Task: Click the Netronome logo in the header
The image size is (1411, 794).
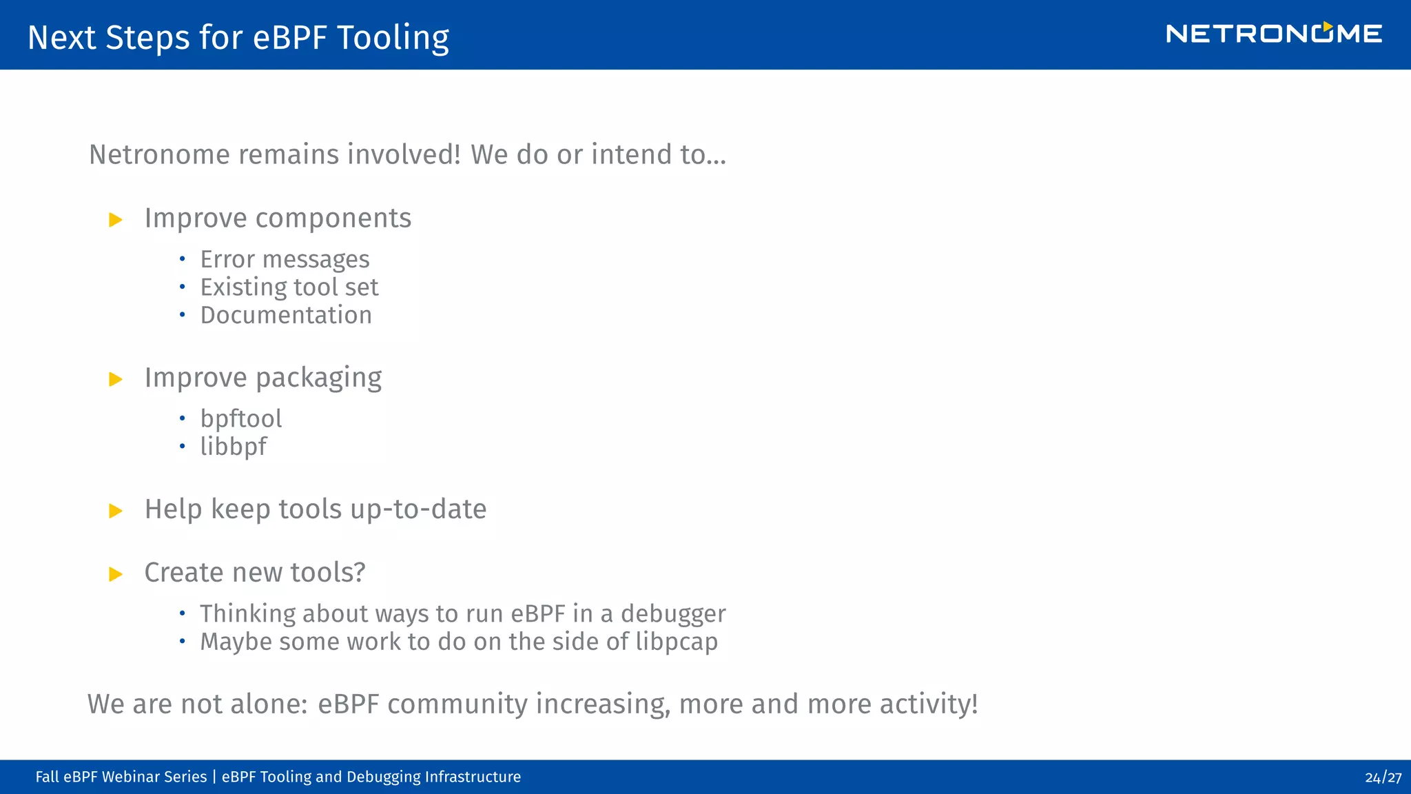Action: [x=1273, y=34]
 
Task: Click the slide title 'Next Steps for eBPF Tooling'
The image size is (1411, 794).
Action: [x=238, y=37]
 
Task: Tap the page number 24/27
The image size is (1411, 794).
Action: [x=1383, y=777]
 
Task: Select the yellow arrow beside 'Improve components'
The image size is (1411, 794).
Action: [x=116, y=220]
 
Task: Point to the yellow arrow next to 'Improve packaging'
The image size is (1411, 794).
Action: [x=116, y=379]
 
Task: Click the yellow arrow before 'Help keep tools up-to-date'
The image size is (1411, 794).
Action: [x=116, y=511]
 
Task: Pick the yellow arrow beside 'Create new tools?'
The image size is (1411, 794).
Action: [x=116, y=574]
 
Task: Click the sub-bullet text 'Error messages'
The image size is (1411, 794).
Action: [x=285, y=260]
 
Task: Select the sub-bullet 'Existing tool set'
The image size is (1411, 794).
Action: [x=289, y=287]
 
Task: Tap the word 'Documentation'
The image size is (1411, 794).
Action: [x=286, y=315]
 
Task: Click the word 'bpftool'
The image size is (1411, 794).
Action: [x=241, y=418]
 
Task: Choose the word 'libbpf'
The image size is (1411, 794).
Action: [x=233, y=447]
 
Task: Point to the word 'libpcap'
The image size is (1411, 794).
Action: [x=677, y=642]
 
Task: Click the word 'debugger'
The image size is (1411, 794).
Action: [x=673, y=613]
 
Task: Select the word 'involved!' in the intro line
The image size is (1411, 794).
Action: [x=404, y=154]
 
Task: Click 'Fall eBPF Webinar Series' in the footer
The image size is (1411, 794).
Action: [x=121, y=777]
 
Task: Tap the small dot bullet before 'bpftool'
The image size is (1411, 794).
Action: [x=183, y=418]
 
